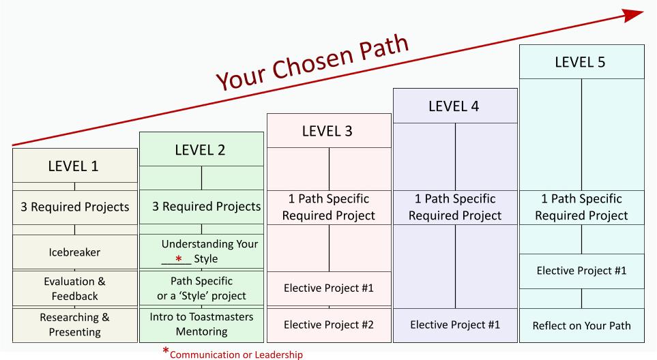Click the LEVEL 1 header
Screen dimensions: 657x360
click(75, 166)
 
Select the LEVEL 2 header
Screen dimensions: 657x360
click(201, 149)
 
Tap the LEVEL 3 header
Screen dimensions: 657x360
click(329, 131)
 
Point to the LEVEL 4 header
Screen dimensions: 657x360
click(456, 106)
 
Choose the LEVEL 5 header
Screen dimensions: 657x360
click(582, 62)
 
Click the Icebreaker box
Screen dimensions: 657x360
click(75, 252)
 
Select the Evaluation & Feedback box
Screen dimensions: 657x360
click(75, 288)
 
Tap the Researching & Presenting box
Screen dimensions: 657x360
click(75, 325)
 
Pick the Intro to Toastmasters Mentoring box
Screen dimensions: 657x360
click(201, 325)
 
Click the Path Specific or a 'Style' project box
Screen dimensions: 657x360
click(201, 288)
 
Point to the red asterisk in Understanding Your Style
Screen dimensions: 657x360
click(179, 258)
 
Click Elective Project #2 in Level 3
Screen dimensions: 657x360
click(329, 325)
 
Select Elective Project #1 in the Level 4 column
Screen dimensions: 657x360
click(456, 325)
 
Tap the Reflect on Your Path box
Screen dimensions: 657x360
click(582, 326)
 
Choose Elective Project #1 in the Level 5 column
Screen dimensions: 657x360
click(582, 271)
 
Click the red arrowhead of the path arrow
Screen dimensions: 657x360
click(633, 15)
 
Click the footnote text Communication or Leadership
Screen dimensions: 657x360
click(236, 355)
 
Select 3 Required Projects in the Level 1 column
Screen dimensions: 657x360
click(75, 207)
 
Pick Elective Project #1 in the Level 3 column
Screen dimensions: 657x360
click(329, 288)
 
